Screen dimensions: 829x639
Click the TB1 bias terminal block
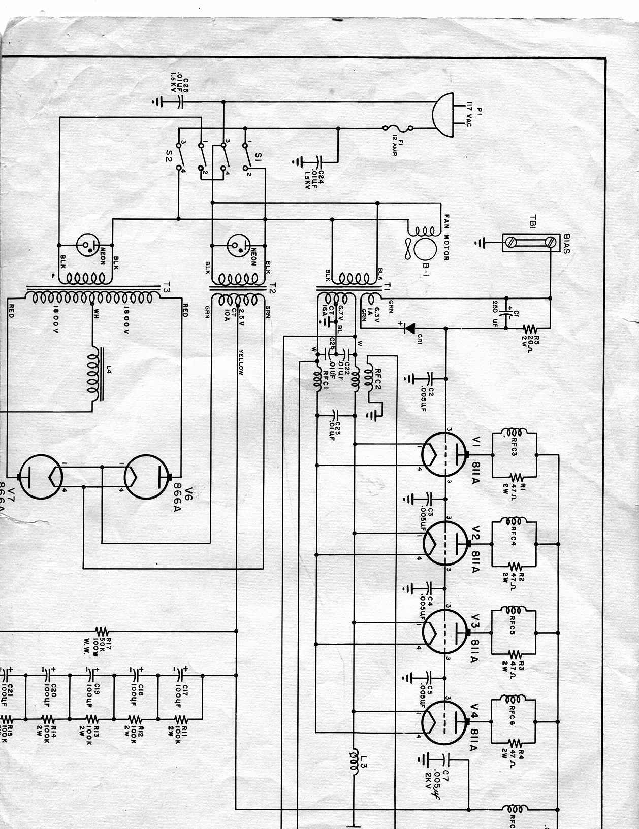529,243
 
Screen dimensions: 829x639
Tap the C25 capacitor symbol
179,102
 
